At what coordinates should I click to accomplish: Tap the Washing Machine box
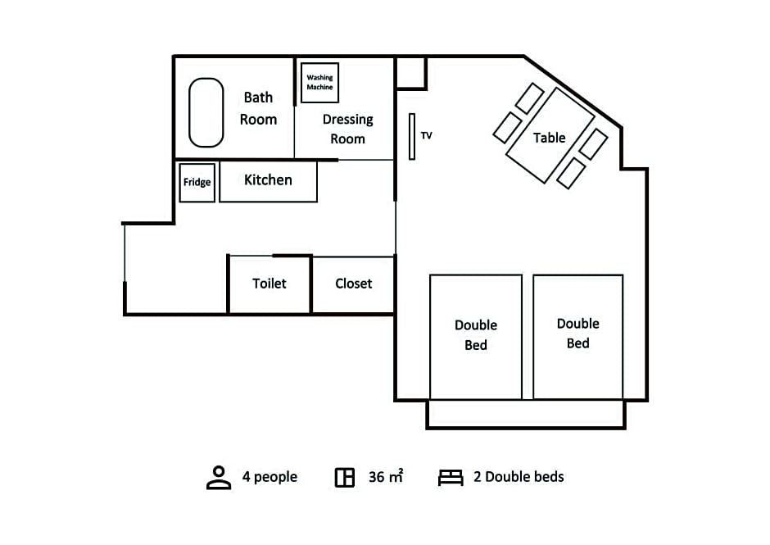click(319, 83)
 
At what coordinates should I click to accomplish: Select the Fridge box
click(197, 182)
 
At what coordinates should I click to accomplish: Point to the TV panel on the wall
click(412, 137)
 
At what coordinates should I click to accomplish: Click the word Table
click(550, 138)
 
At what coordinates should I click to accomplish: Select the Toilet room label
click(269, 284)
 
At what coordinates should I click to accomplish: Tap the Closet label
click(354, 284)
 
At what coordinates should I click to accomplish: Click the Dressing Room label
click(347, 129)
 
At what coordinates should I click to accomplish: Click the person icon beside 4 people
click(219, 477)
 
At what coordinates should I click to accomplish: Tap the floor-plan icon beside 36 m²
click(345, 477)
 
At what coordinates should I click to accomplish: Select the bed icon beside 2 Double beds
click(451, 478)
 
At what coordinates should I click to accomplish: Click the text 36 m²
click(386, 476)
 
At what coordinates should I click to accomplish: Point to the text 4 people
click(269, 477)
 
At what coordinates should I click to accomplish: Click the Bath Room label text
click(258, 109)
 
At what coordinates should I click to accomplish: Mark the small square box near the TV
click(411, 73)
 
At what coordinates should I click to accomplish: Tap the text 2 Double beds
click(519, 477)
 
